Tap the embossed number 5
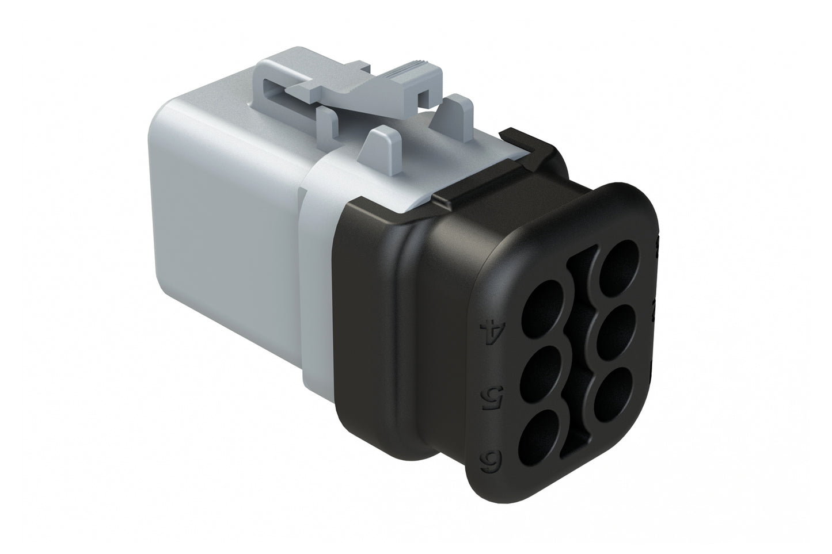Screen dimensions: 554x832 coord(490,396)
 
